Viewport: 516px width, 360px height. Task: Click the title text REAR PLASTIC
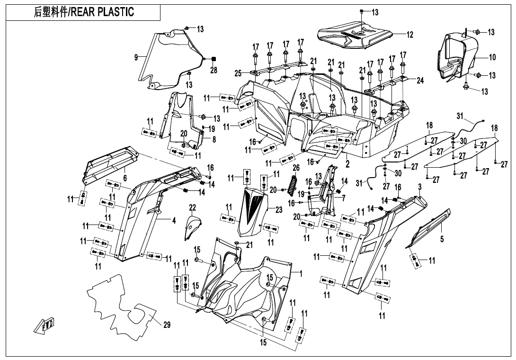102,12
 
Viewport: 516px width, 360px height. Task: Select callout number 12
409,35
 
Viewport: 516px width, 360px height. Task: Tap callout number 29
167,325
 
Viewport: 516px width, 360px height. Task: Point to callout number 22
192,207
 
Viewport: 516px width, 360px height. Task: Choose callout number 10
492,57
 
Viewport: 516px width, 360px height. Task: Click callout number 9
136,57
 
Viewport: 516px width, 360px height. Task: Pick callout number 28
214,70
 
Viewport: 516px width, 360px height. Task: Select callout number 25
238,73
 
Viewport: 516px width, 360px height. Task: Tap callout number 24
420,80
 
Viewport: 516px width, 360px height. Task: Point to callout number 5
442,239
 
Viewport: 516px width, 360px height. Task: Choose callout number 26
296,168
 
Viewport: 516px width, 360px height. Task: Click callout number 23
278,210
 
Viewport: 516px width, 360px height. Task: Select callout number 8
214,140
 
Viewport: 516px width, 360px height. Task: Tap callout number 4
174,220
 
